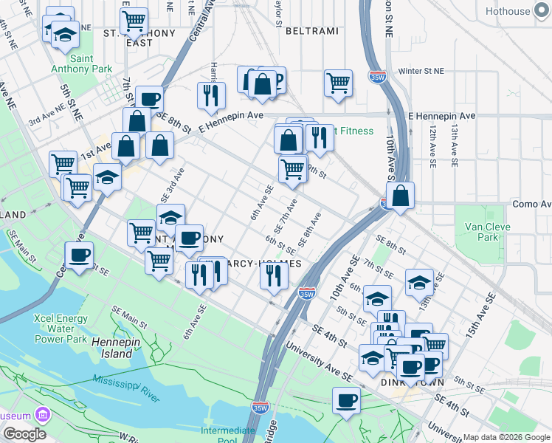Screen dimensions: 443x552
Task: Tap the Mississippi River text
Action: [125, 388]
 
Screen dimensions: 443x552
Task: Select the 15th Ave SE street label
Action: [479, 316]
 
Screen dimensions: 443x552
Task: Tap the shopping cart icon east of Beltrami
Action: [338, 83]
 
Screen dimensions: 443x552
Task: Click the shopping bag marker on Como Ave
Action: [400, 196]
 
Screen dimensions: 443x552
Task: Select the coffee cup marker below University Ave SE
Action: [346, 401]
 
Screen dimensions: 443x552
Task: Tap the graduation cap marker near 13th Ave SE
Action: [419, 282]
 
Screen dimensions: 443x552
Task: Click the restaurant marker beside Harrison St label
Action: [211, 95]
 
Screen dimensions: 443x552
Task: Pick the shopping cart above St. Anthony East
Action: [134, 21]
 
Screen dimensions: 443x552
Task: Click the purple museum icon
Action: [44, 416]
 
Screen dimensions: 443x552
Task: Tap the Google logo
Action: [24, 434]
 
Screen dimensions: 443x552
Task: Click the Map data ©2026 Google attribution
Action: [506, 437]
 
